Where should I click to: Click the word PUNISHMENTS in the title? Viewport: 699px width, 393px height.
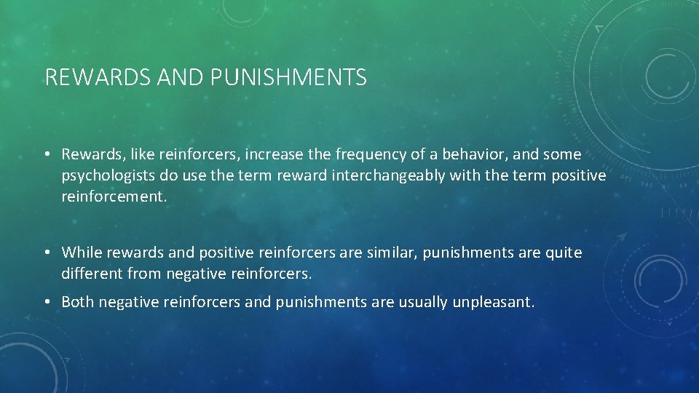(x=289, y=77)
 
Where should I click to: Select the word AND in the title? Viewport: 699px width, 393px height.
(x=180, y=77)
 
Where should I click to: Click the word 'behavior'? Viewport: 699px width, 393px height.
(x=487, y=154)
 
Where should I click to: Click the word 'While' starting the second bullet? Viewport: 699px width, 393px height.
(x=82, y=253)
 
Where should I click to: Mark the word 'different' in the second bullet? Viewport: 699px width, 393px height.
(x=92, y=274)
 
